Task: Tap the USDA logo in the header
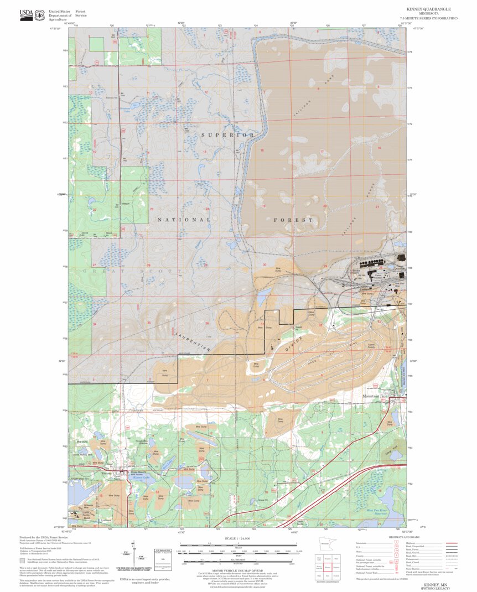(x=26, y=15)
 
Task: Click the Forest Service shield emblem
(x=39, y=15)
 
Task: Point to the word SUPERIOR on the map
(x=228, y=135)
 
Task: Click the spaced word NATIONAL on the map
(x=184, y=220)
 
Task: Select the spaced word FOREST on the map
(x=293, y=220)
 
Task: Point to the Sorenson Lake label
(x=127, y=109)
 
